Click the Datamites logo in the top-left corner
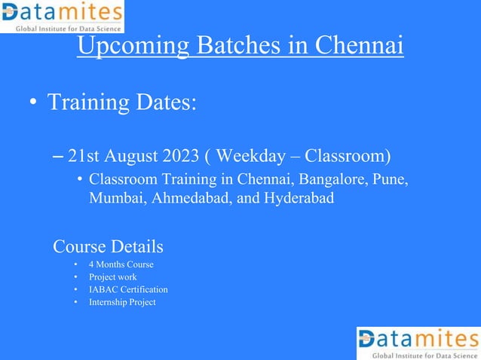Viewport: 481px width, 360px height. click(62, 17)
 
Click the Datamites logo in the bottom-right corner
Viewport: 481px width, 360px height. click(418, 343)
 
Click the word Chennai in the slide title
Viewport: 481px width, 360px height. click(357, 46)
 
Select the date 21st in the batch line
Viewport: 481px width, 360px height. click(84, 157)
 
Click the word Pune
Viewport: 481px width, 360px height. click(393, 181)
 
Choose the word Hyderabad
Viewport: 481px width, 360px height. click(298, 198)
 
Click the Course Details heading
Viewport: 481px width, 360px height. click(108, 246)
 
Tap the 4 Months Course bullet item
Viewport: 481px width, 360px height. click(121, 265)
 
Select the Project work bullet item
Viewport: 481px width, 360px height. click(112, 277)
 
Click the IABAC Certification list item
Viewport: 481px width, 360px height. click(128, 289)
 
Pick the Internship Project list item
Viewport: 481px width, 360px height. click(122, 302)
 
